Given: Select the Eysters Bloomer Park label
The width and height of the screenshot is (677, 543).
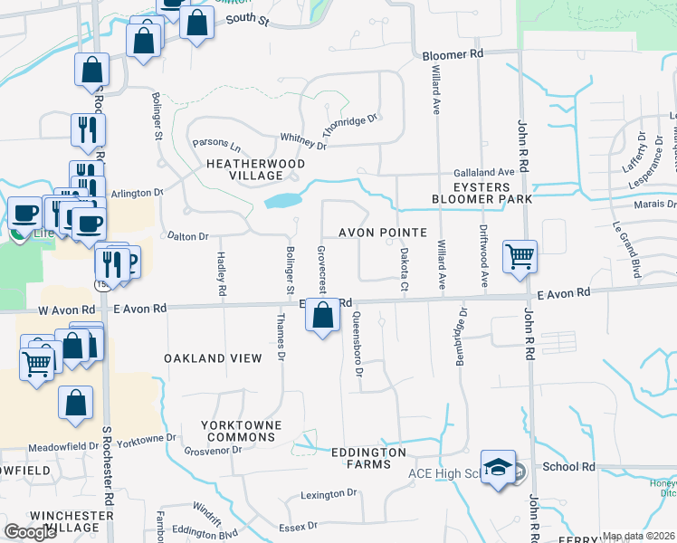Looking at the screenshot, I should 481,191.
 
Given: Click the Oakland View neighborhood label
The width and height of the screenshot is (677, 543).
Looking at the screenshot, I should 213,358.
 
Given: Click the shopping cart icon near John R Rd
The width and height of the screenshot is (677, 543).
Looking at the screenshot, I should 520,256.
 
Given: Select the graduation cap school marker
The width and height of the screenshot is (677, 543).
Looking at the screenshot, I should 498,467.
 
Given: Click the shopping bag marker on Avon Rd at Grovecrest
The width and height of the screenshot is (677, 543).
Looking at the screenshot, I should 322,316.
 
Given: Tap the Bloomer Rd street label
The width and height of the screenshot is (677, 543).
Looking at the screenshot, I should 453,54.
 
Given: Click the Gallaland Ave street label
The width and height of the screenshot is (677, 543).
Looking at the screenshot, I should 484,172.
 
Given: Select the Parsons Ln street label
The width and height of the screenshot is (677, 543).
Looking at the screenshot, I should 217,146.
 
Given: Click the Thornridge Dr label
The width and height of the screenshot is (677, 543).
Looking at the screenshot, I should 349,125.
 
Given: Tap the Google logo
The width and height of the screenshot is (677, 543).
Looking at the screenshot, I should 31,532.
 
